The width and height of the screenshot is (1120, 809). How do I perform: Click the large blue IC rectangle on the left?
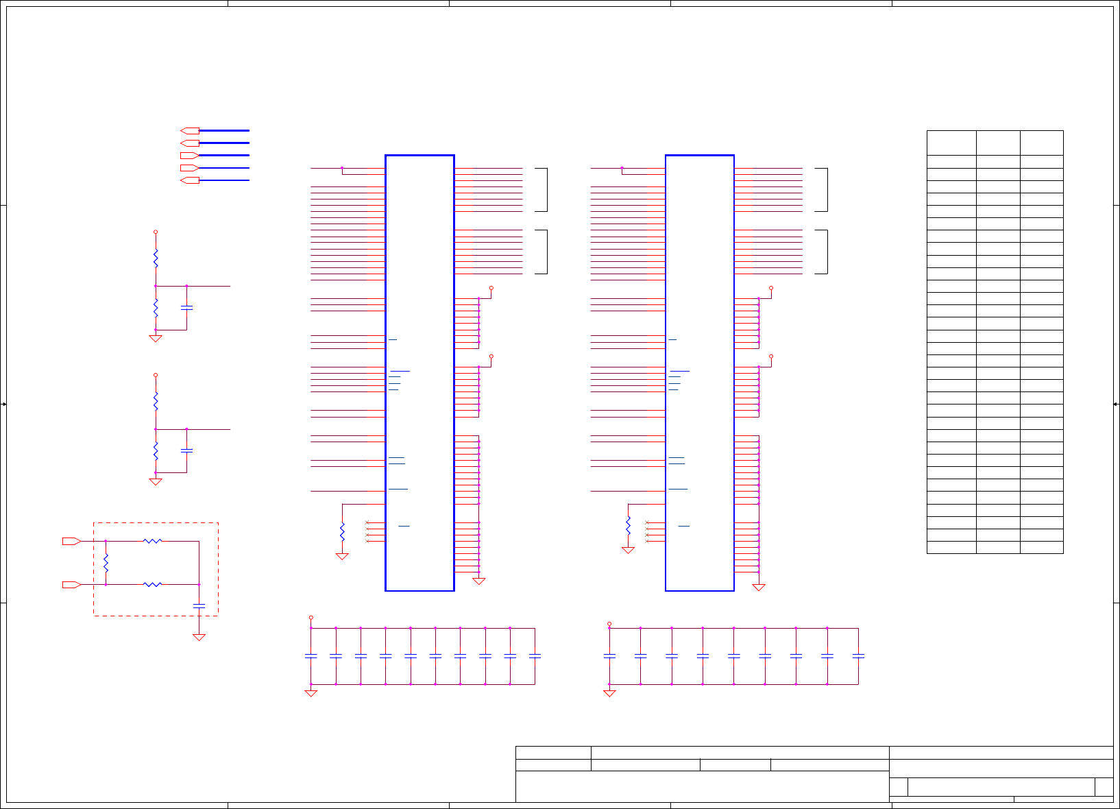pyautogui.click(x=419, y=372)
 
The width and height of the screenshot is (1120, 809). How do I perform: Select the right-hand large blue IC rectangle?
pyautogui.click(x=699, y=372)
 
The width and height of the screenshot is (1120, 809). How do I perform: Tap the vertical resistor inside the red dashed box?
pyautogui.click(x=106, y=563)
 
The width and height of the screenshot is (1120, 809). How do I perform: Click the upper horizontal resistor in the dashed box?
pyautogui.click(x=152, y=541)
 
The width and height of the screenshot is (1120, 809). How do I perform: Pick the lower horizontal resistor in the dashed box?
pyautogui.click(x=152, y=584)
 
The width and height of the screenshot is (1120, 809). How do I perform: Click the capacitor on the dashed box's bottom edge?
pyautogui.click(x=199, y=606)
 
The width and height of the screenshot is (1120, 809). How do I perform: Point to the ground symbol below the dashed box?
pyautogui.click(x=199, y=638)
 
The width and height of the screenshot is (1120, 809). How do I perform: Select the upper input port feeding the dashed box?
pyautogui.click(x=71, y=541)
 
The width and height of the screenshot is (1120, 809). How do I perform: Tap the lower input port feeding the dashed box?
pyautogui.click(x=71, y=584)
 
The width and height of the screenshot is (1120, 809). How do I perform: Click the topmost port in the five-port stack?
pyautogui.click(x=190, y=130)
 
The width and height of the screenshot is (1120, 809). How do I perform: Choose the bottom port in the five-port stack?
pyautogui.click(x=190, y=180)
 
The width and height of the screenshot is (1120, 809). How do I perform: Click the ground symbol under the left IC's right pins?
pyautogui.click(x=479, y=581)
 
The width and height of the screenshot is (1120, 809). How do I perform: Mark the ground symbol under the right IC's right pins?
pyautogui.click(x=759, y=588)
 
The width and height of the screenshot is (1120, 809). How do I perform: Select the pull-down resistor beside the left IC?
pyautogui.click(x=342, y=531)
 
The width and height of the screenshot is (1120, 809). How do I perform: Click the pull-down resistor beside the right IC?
pyautogui.click(x=628, y=525)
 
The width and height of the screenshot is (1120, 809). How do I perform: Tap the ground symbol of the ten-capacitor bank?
pyautogui.click(x=311, y=693)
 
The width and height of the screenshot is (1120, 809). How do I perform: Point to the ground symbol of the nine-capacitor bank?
pyautogui.click(x=609, y=693)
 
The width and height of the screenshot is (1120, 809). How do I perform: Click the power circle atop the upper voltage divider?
pyautogui.click(x=156, y=232)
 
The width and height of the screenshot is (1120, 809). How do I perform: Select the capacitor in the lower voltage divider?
pyautogui.click(x=186, y=450)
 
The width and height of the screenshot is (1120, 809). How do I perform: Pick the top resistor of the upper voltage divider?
pyautogui.click(x=156, y=258)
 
